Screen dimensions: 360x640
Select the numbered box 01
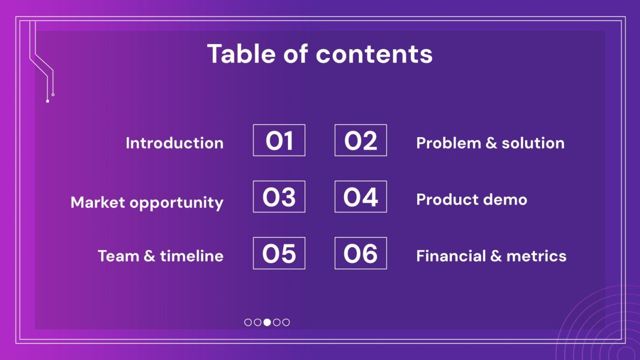coord(279,141)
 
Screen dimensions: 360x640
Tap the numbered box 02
coord(361,141)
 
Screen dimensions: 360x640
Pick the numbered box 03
coord(279,197)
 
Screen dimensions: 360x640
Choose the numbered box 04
coord(361,197)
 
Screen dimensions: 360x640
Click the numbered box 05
coord(279,253)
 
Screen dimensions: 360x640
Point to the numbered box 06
coord(361,253)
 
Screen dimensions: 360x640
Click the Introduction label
coord(175,143)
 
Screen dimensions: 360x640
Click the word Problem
coord(449,143)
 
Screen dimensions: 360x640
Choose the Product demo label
coord(472,199)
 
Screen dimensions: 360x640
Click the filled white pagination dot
coord(267,322)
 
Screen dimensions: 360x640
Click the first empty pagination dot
coord(248,322)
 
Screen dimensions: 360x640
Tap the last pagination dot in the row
coord(286,322)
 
